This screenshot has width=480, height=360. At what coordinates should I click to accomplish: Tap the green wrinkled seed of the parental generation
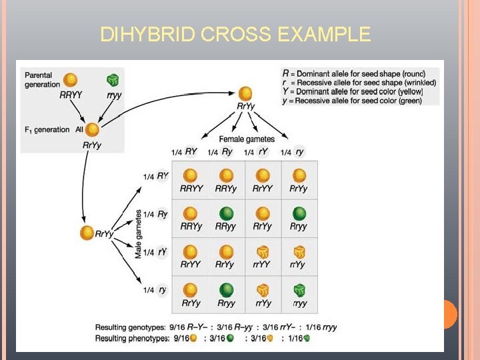tap(113, 81)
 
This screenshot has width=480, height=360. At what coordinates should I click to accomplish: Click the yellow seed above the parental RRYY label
tap(70, 81)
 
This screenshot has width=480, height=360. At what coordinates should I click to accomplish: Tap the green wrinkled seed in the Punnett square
tap(299, 291)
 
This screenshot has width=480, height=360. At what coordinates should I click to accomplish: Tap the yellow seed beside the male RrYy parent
tap(87, 233)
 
